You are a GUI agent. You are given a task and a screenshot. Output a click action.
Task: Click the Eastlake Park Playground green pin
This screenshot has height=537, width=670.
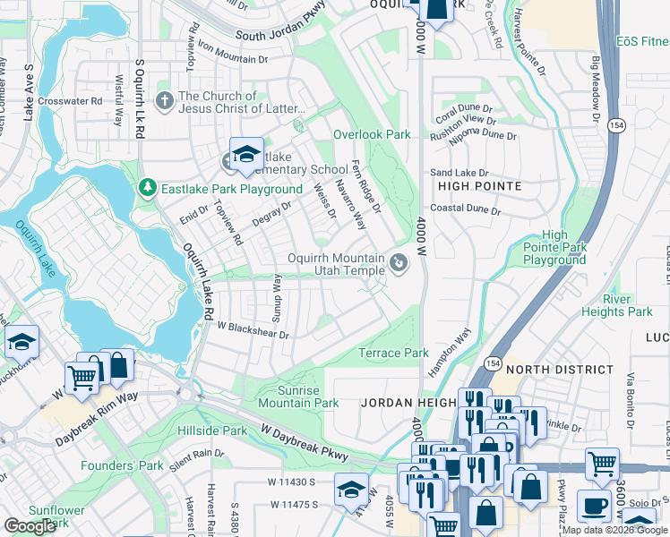pos(147,188)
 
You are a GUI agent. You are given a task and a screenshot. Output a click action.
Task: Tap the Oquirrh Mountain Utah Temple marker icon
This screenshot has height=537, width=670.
pos(399,263)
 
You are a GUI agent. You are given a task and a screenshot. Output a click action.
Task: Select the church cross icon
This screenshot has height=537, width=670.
pos(165,101)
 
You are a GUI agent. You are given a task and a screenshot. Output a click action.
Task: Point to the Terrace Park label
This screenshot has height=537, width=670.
pos(393,353)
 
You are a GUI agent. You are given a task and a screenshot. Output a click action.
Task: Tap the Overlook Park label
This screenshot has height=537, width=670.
pos(372,134)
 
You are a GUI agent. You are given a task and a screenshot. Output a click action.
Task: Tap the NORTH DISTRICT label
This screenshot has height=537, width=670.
pos(555,369)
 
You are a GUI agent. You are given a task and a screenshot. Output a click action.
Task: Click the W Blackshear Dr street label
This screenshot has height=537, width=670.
pos(253,331)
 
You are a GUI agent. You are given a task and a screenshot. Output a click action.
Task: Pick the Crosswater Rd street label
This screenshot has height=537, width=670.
pos(70,101)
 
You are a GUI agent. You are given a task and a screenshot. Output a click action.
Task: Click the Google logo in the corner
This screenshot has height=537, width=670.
pos(30,526)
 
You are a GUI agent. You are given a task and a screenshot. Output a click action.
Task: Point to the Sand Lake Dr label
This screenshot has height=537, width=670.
pos(459,172)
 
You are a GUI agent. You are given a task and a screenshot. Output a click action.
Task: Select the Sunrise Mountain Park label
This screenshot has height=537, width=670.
pos(298,396)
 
